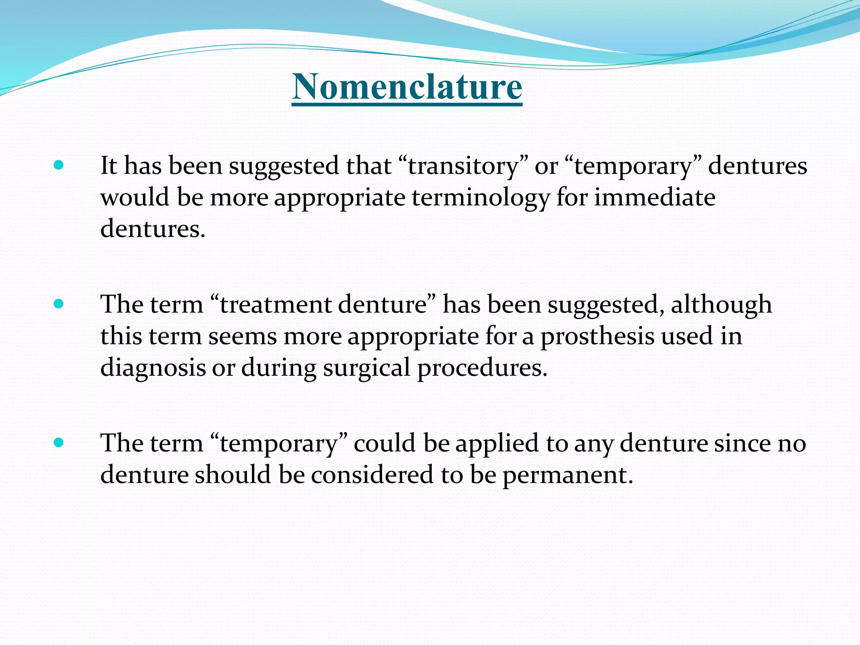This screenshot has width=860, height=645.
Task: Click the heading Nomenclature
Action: (x=407, y=87)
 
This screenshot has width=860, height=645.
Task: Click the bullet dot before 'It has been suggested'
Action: (x=59, y=165)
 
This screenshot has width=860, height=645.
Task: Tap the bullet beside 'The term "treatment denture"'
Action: (x=59, y=304)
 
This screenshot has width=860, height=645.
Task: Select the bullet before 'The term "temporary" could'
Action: (x=59, y=442)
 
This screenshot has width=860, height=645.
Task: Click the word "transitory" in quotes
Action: (x=462, y=166)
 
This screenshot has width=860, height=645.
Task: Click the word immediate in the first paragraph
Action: (x=655, y=197)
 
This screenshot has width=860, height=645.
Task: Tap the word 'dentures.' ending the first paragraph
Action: (x=153, y=229)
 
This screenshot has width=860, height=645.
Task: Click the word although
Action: (x=721, y=304)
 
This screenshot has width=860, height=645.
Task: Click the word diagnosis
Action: (x=153, y=368)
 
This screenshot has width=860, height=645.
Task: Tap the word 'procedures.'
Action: (x=482, y=368)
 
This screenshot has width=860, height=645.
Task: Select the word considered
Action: (x=372, y=475)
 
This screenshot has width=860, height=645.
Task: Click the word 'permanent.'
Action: (x=568, y=475)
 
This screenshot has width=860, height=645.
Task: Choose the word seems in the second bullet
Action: (x=242, y=336)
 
